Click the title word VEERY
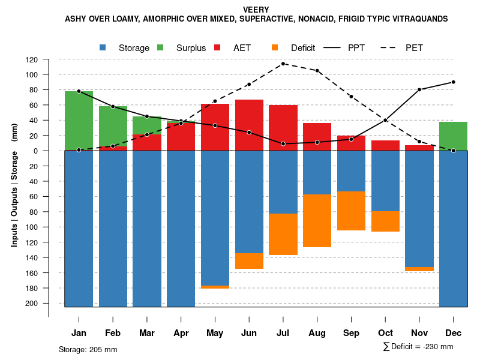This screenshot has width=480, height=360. coord(256,10)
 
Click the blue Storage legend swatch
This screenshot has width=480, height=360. coord(103,47)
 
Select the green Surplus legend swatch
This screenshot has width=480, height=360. coord(160,47)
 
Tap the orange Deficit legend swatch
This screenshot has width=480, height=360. coord(275,47)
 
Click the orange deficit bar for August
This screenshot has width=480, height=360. coord(317,221)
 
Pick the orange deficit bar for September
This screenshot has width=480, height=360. coord(351,211)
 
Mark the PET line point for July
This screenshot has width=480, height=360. coord(283,64)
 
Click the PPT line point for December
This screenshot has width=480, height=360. coord(453,82)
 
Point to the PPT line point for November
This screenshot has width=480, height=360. coord(419,89)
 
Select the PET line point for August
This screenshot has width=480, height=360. coord(317,71)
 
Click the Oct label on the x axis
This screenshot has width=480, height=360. coord(385,333)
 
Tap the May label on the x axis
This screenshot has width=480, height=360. coord(215,333)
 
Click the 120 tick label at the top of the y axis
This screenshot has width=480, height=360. coord(32,59)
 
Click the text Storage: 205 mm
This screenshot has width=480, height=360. coord(88,349)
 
